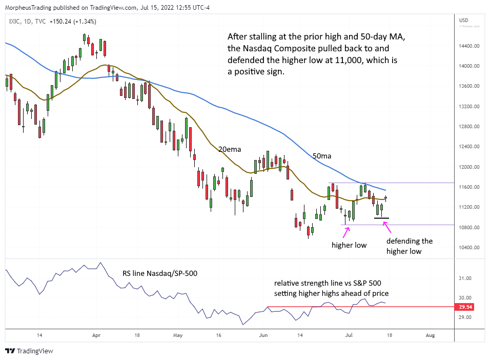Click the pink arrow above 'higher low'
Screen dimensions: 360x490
pos(347,231)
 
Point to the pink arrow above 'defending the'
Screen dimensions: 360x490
pos(387,227)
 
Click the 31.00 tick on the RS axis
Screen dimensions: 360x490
pos(466,278)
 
